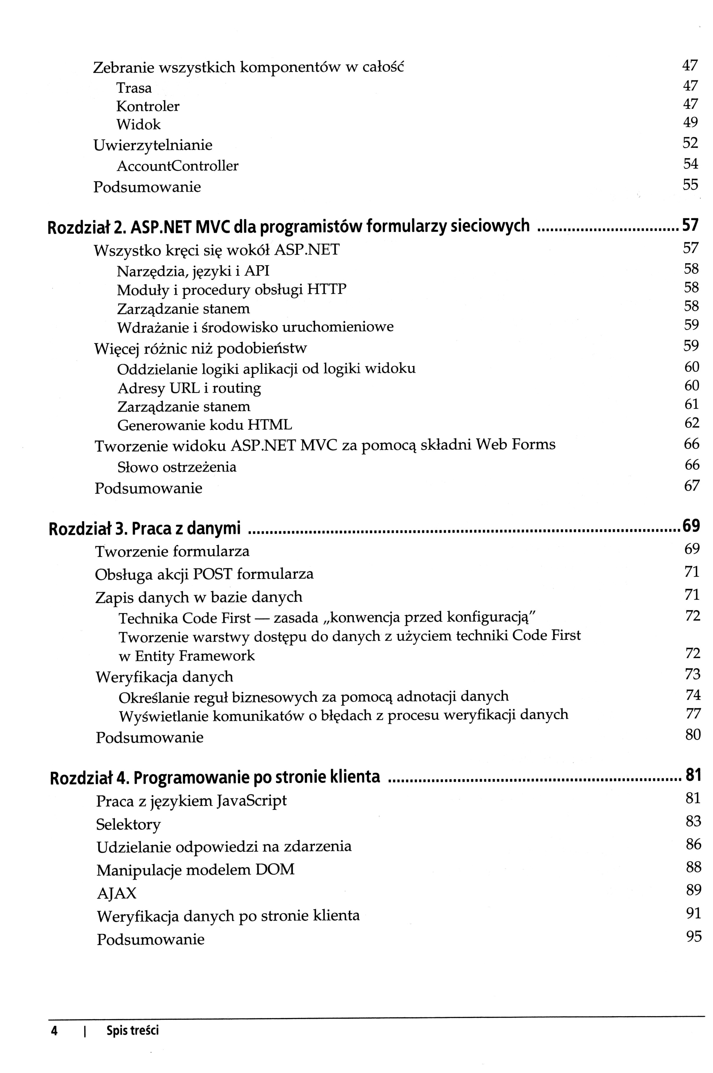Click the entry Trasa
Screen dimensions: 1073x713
tap(134, 88)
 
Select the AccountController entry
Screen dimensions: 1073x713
tap(177, 166)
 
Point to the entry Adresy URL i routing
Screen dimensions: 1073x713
tap(189, 388)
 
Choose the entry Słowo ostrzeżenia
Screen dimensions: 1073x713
tap(177, 467)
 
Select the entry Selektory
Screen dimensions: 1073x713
tap(129, 824)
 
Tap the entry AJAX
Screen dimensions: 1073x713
tap(116, 893)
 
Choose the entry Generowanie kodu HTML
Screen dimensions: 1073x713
tap(205, 425)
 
